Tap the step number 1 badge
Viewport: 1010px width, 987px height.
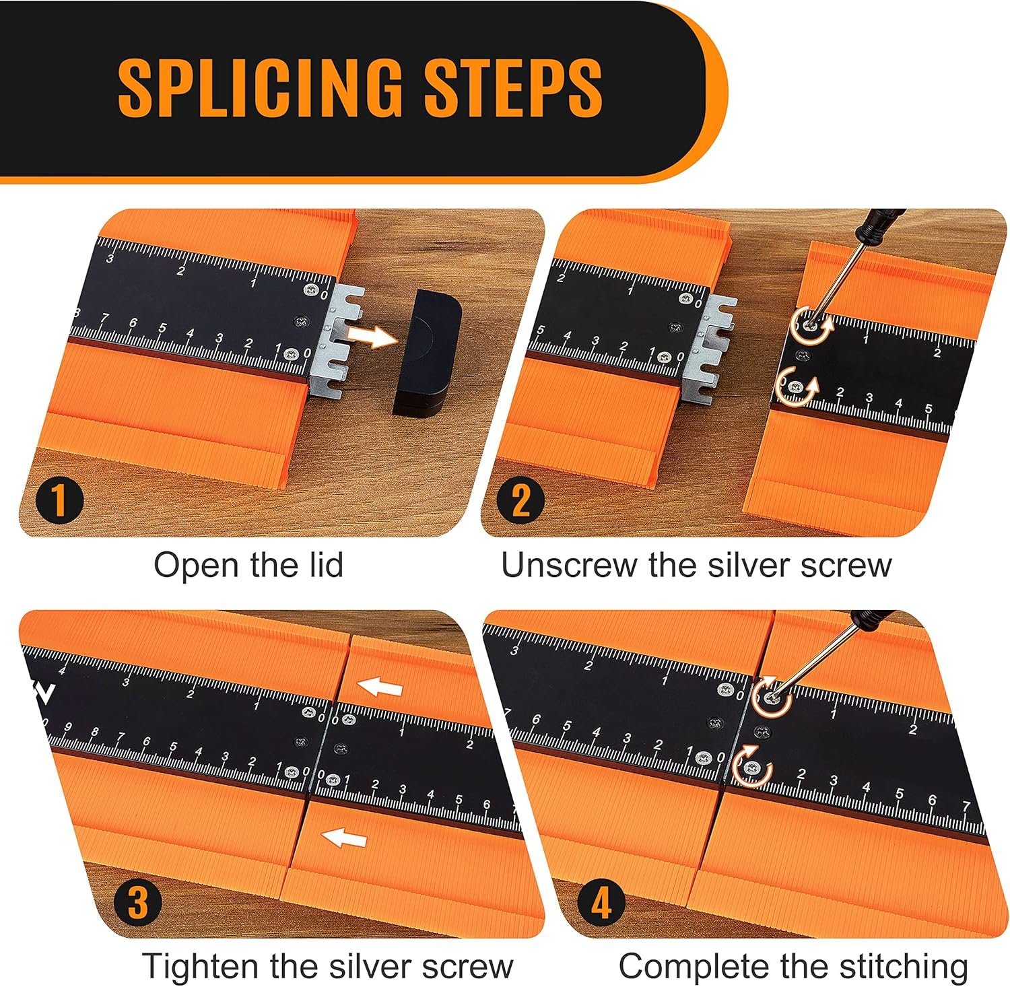59,502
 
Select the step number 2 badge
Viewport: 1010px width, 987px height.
521,501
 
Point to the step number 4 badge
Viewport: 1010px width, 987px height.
601,903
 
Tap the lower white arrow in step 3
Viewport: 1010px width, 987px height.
343,838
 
